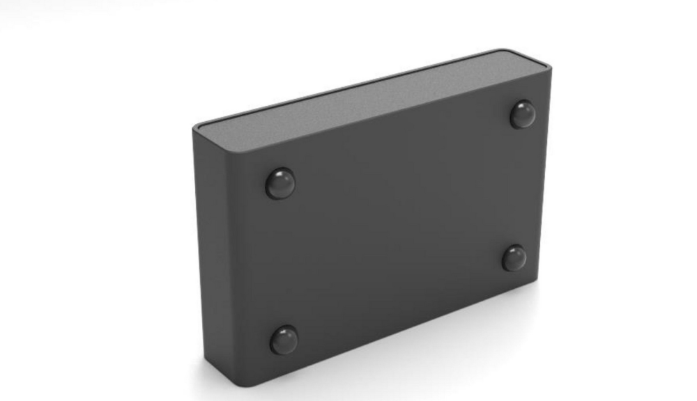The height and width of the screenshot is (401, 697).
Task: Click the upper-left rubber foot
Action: click(280, 184)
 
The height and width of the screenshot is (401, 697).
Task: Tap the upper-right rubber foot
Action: click(523, 115)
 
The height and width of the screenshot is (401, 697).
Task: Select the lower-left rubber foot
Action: click(284, 340)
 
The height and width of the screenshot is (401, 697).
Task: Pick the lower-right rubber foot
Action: click(514, 258)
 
